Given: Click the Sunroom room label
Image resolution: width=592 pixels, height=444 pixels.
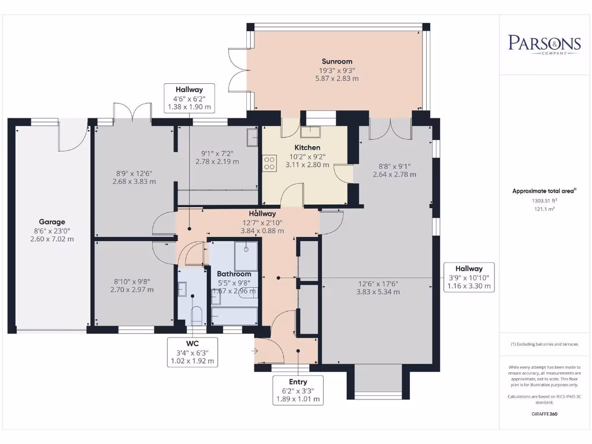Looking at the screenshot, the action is pyautogui.click(x=337, y=61).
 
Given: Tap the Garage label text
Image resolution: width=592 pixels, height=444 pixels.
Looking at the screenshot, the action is pyautogui.click(x=52, y=222).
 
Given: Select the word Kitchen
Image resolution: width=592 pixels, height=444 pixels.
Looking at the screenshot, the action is pyautogui.click(x=308, y=147).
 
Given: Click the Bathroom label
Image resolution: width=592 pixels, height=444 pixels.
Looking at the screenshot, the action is pyautogui.click(x=234, y=274).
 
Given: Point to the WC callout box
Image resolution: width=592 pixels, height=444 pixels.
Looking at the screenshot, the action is pyautogui.click(x=193, y=352).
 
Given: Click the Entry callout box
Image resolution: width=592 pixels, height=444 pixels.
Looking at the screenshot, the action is pyautogui.click(x=298, y=390).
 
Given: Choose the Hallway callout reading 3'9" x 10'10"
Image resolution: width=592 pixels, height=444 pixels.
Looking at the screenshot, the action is pyautogui.click(x=469, y=277).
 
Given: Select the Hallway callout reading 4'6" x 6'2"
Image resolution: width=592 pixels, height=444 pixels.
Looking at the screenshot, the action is pyautogui.click(x=189, y=98).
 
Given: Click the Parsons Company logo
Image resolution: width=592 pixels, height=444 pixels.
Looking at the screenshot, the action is pyautogui.click(x=544, y=44).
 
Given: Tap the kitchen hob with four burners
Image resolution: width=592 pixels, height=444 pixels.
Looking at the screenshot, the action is pyautogui.click(x=269, y=163).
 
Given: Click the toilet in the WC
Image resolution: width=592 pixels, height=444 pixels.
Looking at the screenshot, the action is pyautogui.click(x=197, y=315).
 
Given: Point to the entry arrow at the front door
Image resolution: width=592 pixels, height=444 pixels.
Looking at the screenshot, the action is pyautogui.click(x=254, y=351).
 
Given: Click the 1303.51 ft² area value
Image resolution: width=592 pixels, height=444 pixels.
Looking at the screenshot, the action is pyautogui.click(x=545, y=201).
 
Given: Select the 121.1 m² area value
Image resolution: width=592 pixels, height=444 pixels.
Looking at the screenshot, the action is pyautogui.click(x=545, y=209).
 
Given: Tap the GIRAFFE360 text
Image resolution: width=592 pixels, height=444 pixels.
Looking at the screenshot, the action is pyautogui.click(x=545, y=414).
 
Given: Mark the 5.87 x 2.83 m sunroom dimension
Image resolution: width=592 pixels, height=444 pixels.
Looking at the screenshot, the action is pyautogui.click(x=337, y=79).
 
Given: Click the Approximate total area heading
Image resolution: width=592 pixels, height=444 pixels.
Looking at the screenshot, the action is pyautogui.click(x=544, y=191).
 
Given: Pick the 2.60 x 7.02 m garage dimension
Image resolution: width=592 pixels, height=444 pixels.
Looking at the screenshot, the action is pyautogui.click(x=52, y=239).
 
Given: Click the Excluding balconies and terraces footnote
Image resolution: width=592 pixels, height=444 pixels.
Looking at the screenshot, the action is pyautogui.click(x=544, y=345).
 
